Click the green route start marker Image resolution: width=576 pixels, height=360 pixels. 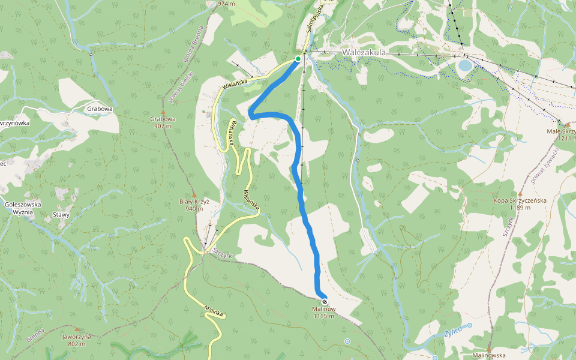click(x=298, y=59)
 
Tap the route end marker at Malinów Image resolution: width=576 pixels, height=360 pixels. click(x=325, y=301)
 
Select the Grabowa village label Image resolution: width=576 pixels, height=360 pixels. click(x=100, y=109)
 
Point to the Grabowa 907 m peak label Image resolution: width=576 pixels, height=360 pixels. click(x=163, y=122)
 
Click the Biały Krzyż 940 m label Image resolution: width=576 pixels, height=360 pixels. click(x=197, y=205)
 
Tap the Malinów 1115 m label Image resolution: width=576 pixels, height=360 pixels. click(x=323, y=313)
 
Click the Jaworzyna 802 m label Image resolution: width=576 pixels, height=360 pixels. click(x=76, y=340)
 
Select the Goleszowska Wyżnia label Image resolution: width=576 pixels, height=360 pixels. click(x=23, y=208)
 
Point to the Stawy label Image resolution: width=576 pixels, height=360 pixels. click(x=61, y=215)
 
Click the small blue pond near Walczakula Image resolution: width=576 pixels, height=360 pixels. click(x=465, y=65)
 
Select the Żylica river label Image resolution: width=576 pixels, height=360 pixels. click(x=454, y=332)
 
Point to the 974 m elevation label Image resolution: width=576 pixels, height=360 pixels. click(x=226, y=4)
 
